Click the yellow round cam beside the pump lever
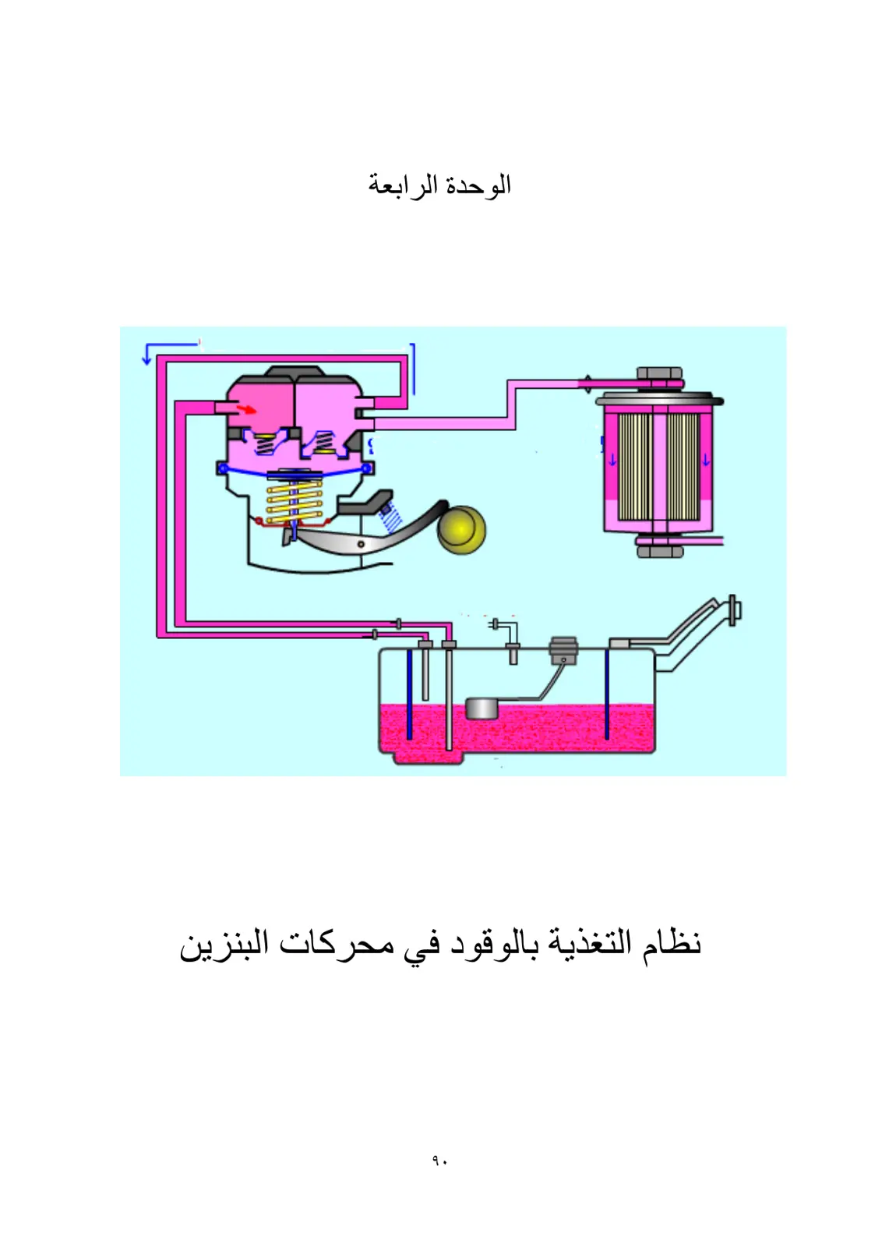click(461, 529)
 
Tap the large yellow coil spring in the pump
click(295, 502)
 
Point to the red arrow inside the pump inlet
click(246, 410)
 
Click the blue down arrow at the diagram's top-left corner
click(147, 354)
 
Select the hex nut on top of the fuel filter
click(659, 373)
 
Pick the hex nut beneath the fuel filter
click(659, 552)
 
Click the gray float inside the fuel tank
click(482, 708)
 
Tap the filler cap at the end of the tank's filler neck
click(734, 611)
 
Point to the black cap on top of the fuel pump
click(295, 371)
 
